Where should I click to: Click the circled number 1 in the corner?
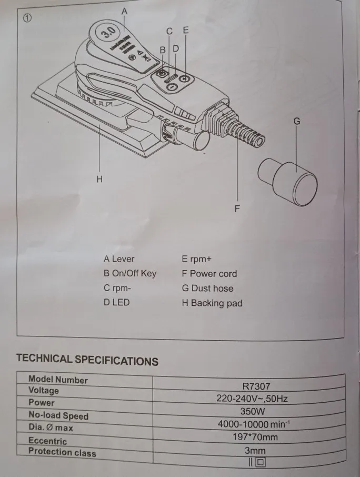pos(27,18)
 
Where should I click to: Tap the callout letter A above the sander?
pos(124,11)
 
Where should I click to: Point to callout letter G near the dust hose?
pos(296,121)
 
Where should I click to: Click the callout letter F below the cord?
pos(237,208)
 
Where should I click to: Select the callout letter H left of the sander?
pos(99,179)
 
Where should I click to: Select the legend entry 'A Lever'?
pos(119,259)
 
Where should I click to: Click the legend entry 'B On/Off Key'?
pos(130,274)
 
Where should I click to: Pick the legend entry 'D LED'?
pos(117,303)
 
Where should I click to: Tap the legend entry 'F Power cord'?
pos(209,274)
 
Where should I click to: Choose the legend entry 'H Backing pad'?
pos(212,303)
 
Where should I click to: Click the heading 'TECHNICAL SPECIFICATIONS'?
pos(87,360)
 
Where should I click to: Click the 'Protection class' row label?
pos(62,452)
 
